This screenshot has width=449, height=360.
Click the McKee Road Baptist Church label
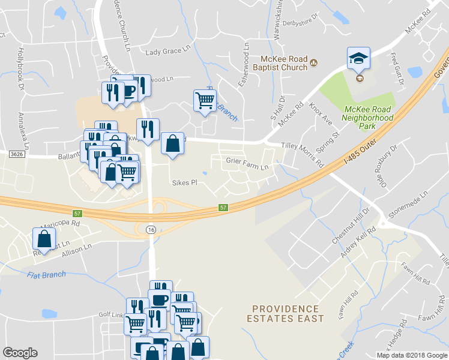[x=283, y=63]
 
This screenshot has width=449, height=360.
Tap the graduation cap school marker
[x=359, y=59]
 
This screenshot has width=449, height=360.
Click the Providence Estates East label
[x=285, y=313]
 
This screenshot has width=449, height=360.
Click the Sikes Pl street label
[x=184, y=182]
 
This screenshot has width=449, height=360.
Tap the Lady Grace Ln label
[x=163, y=52]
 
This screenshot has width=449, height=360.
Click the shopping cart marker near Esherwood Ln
[x=205, y=101]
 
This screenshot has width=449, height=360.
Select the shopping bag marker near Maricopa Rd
[x=45, y=239]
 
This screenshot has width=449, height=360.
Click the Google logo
[x=20, y=353]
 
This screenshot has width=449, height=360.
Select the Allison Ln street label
[x=76, y=250]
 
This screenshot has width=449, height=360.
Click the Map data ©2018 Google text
[x=411, y=355]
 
